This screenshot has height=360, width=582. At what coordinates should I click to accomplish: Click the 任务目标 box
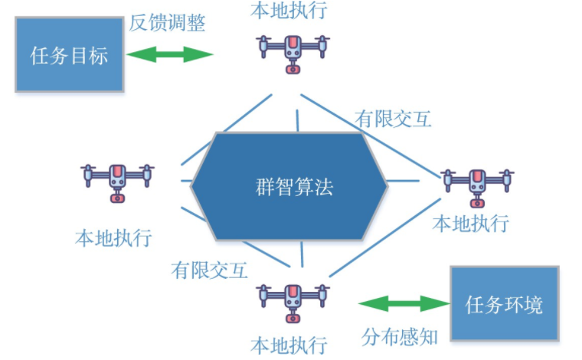tap(69, 55)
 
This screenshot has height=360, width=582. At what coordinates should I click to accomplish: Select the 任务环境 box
tap(504, 304)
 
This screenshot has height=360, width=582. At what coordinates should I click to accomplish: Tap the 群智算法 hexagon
tap(294, 186)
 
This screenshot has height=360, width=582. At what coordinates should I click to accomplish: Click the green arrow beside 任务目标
tap(169, 54)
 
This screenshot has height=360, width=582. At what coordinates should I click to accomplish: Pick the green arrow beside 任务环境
tap(404, 304)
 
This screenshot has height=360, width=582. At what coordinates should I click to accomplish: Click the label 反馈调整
tap(167, 22)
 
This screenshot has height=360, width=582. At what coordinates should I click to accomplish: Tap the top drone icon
tap(293, 51)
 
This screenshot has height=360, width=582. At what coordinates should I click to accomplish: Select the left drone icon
tap(117, 179)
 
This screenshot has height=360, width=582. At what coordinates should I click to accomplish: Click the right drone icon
tap(477, 184)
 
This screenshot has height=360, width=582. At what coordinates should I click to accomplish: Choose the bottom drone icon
tap(293, 299)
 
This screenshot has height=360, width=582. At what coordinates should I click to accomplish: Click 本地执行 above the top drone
tap(289, 11)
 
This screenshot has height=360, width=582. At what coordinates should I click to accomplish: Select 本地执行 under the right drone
tap(470, 224)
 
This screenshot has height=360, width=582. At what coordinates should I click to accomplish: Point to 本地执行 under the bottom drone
tap(289, 344)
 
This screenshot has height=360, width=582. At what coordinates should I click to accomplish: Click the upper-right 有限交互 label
tap(393, 119)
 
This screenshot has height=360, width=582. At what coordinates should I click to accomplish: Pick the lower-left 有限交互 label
tap(209, 270)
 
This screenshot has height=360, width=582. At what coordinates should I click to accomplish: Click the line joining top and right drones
tap(368, 135)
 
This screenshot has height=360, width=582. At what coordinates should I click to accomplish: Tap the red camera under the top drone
tap(293, 69)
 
